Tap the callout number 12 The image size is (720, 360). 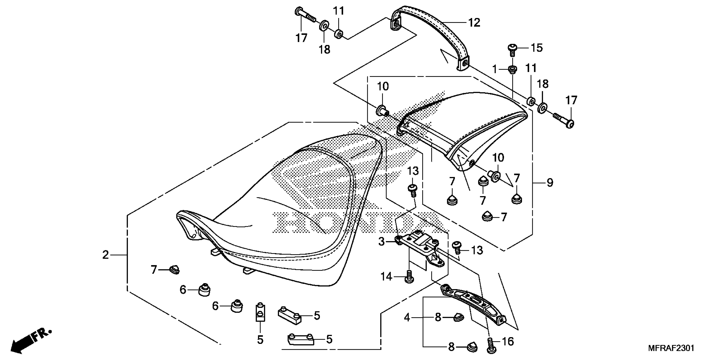click(474, 23)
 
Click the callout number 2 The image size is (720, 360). click(105, 255)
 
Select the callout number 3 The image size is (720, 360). click(382, 241)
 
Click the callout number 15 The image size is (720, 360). click(536, 48)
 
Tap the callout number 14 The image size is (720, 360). click(386, 277)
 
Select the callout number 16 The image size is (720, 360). click(508, 342)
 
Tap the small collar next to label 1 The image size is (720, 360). click(512, 69)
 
